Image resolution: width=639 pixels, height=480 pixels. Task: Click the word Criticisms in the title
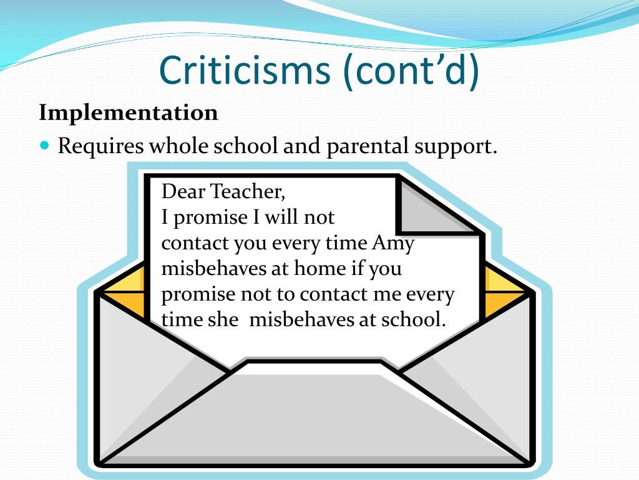point(245,70)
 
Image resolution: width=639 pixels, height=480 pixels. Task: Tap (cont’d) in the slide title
point(411,70)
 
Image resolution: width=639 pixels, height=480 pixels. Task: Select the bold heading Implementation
point(129,113)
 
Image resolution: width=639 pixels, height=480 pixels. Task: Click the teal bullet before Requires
point(44,145)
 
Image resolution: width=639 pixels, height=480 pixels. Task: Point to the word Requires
point(100,146)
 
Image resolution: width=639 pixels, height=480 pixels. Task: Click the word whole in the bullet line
point(178,146)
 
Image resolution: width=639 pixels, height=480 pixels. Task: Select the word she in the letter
point(223,319)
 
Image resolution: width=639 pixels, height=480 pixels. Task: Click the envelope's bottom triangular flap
point(315,421)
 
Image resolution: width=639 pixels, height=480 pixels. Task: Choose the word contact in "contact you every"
point(195,243)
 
